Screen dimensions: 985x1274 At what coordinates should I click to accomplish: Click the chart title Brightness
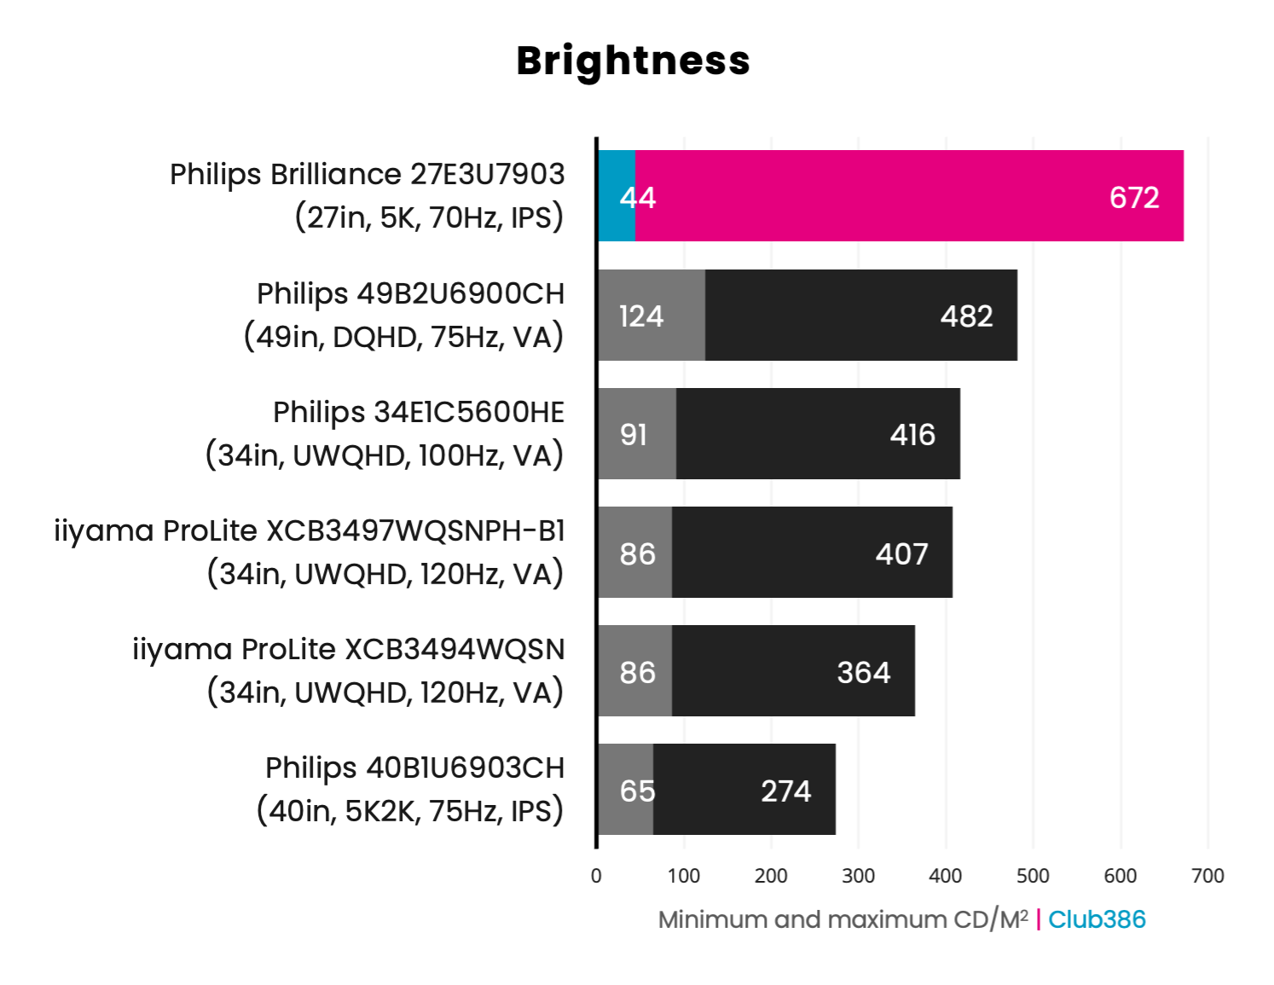[x=633, y=61]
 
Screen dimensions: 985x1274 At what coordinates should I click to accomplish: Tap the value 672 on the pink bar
[x=1133, y=198]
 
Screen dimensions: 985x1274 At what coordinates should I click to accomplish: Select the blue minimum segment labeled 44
[x=617, y=196]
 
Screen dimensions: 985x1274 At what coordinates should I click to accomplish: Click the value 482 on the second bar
[x=966, y=316]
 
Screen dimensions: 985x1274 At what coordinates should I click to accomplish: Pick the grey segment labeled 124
[x=651, y=316]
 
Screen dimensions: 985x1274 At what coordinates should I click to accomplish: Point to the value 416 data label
[x=912, y=435]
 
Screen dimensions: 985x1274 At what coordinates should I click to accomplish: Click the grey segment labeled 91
[x=637, y=434]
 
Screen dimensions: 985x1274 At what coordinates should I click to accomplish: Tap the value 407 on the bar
[x=901, y=554]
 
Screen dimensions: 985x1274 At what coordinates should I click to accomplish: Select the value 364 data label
[x=863, y=673]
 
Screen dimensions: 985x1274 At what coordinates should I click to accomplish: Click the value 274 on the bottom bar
[x=785, y=791]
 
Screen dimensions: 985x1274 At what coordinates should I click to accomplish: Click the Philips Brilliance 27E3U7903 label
[x=367, y=175]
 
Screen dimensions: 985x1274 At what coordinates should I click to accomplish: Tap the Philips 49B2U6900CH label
[x=410, y=294]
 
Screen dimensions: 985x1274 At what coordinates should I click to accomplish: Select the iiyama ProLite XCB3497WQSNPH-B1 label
[x=310, y=531]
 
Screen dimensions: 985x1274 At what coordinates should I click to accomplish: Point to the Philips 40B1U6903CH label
[x=414, y=768]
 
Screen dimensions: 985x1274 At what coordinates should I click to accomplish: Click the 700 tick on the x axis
[x=1207, y=876]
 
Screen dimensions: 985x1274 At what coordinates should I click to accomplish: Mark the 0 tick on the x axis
[x=596, y=876]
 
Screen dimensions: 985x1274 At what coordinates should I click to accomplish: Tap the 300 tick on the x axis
[x=858, y=876]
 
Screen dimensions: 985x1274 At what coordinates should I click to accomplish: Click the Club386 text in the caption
[x=1097, y=919]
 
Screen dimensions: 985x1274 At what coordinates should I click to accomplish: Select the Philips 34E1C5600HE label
[x=418, y=413]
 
